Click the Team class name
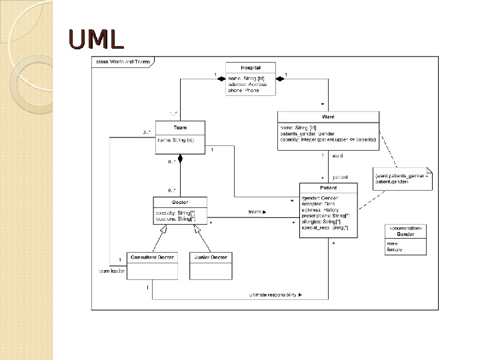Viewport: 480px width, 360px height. click(180, 127)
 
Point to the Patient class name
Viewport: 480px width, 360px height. click(329, 189)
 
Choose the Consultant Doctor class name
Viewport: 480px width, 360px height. click(152, 257)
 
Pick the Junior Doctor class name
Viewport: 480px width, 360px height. click(211, 257)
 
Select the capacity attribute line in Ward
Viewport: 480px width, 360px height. click(327, 140)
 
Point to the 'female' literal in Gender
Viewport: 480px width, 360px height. click(394, 249)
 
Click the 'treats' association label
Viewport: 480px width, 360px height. click(257, 213)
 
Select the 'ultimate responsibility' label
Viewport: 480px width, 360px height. click(275, 294)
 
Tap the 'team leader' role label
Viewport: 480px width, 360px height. click(111, 271)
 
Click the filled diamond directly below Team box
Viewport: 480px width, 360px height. click(180, 158)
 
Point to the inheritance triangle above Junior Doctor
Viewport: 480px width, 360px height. click(197, 229)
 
